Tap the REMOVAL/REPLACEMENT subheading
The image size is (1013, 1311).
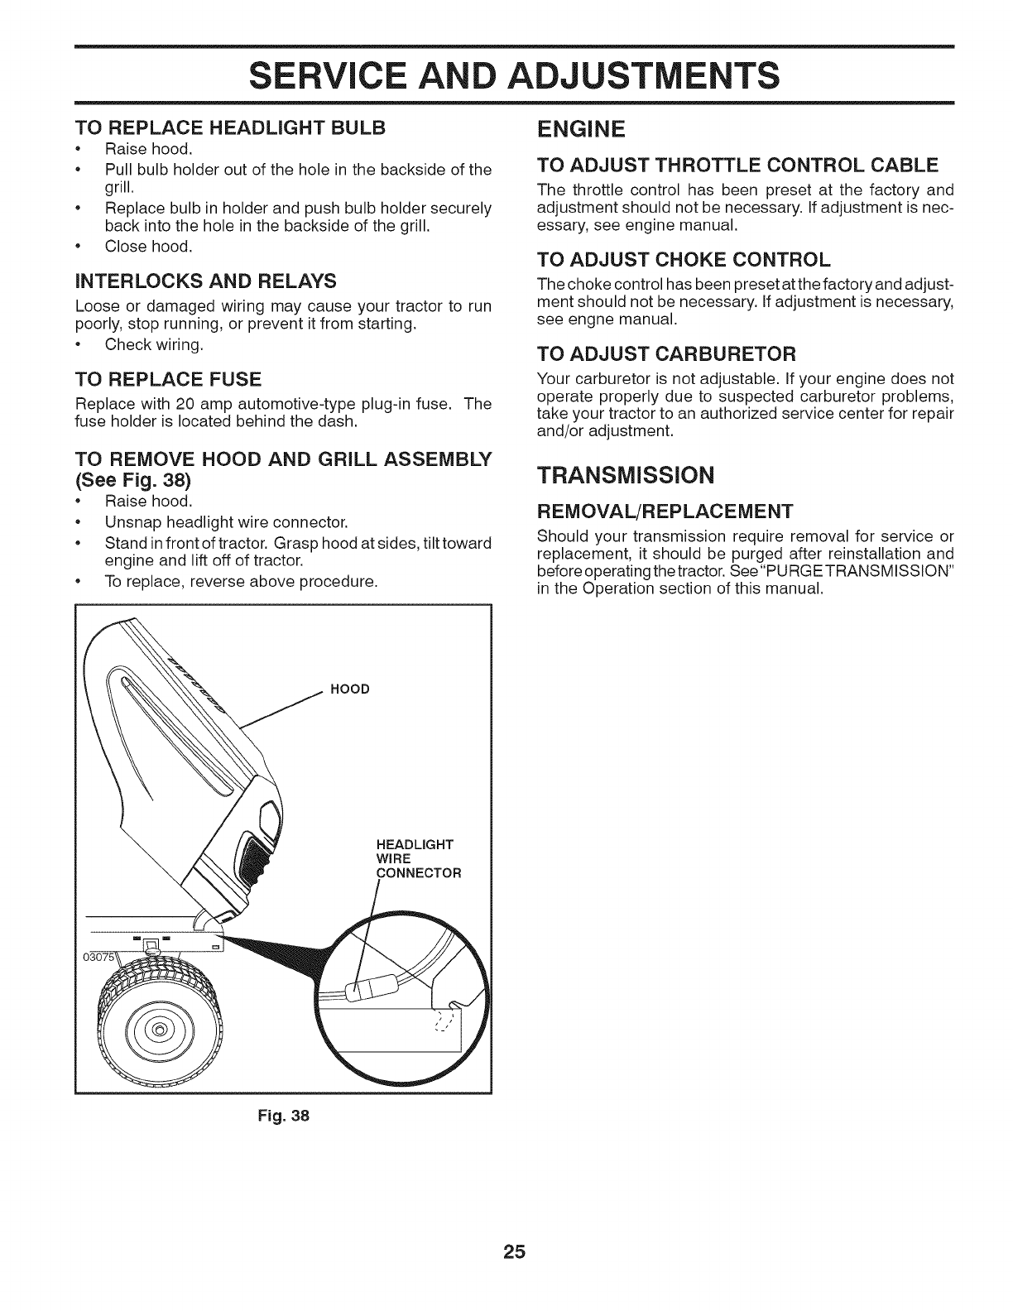coord(665,509)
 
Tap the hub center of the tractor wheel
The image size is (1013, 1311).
coord(158,1030)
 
